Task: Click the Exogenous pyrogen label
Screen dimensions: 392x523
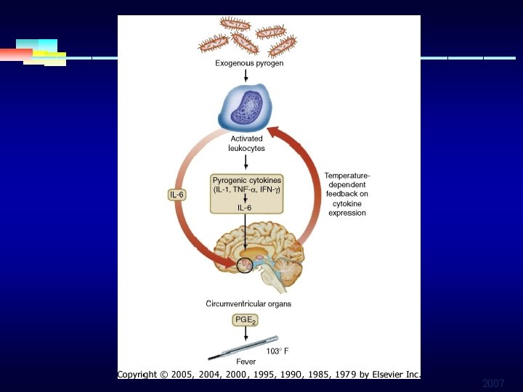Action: (249, 63)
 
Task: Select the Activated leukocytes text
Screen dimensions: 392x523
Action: (247, 143)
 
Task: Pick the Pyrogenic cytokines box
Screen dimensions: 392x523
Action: (247, 193)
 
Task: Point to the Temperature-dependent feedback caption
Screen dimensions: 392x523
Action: (346, 194)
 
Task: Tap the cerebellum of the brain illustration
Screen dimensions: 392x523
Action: (289, 273)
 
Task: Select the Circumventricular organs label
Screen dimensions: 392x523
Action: (248, 304)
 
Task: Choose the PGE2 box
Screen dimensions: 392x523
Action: (246, 319)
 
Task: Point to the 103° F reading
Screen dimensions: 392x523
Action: (277, 351)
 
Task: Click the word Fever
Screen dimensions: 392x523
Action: (246, 362)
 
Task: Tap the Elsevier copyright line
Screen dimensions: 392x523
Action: (269, 375)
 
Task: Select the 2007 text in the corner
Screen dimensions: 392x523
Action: (493, 383)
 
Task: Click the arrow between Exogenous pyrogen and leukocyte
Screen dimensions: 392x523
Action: (246, 74)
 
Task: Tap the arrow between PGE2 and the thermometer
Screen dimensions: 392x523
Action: (246, 333)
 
